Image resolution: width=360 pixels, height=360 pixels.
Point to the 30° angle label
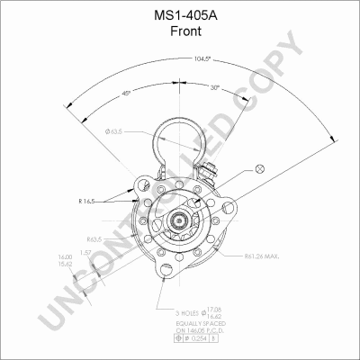point(214,88)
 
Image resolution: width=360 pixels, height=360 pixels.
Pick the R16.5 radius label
point(89,202)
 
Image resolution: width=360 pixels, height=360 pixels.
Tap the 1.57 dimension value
point(85,253)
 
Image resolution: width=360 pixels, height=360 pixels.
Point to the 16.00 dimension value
point(64,258)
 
